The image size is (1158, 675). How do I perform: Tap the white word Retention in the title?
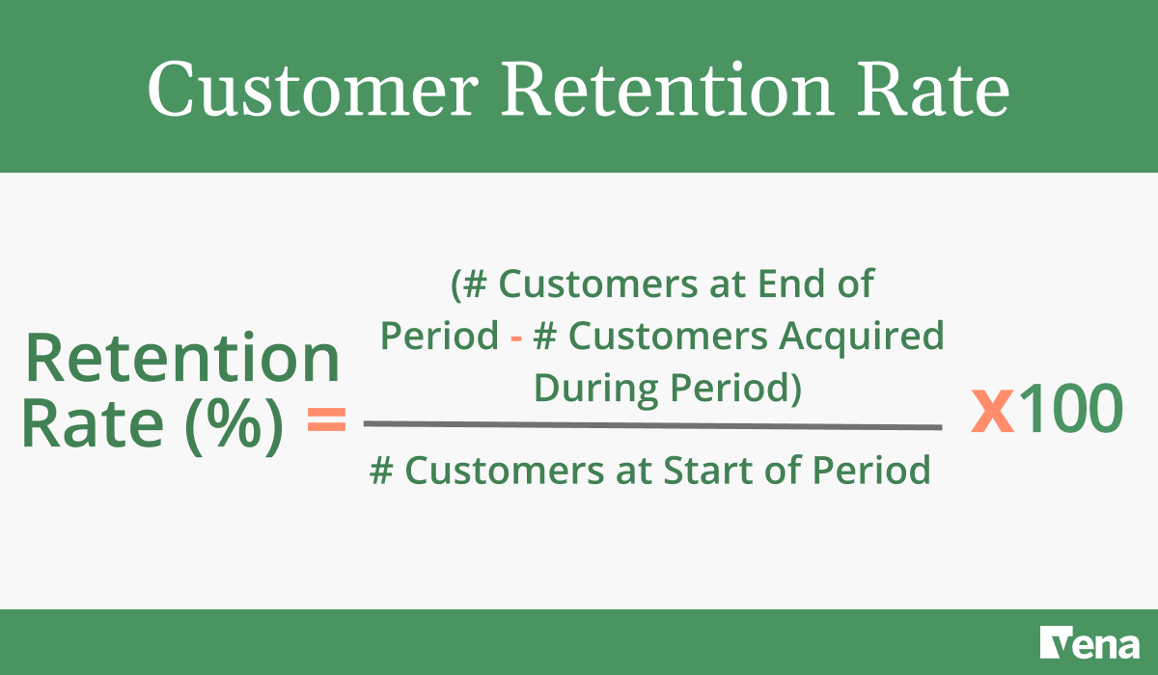666,90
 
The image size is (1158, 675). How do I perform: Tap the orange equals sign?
326,421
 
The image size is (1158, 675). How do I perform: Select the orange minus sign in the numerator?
517,337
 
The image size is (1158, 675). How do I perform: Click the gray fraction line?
652,425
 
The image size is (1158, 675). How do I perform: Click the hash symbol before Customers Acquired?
548,337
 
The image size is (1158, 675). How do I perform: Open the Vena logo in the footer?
1089,642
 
